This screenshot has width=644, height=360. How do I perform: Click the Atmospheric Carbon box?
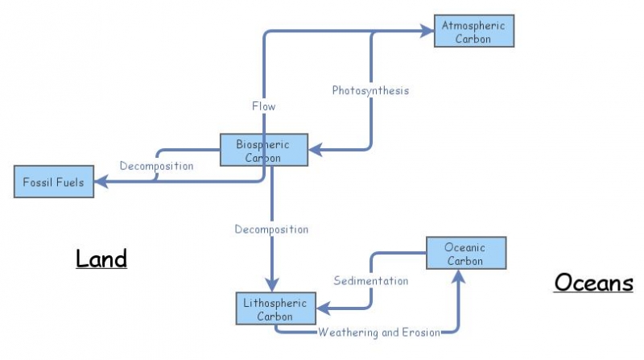pos(473,31)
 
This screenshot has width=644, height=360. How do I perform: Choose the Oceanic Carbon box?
pos(464,254)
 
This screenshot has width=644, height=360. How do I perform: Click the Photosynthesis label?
pos(370,90)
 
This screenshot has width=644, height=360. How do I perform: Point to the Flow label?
pos(264,106)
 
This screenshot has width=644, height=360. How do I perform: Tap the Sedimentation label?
pos(371,281)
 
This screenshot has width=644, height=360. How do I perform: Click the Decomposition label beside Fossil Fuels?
pos(157,166)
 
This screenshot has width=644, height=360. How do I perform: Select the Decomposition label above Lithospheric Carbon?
pos(271,230)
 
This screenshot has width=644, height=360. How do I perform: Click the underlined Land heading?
pos(101,259)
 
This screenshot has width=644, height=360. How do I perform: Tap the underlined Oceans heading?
pos(593,283)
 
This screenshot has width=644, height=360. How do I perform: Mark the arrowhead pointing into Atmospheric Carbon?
pos(426,31)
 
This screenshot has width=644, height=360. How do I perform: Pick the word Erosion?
pos(420,332)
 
